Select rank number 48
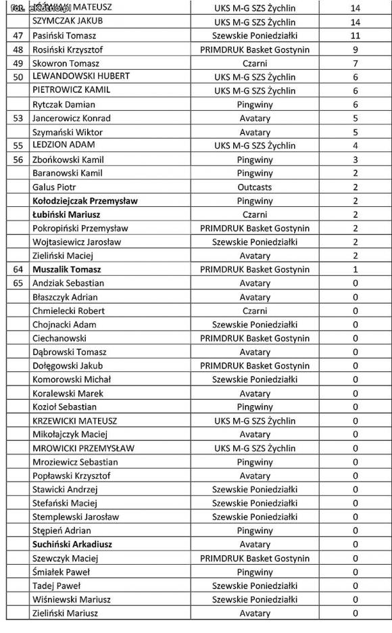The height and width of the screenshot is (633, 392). click(18, 49)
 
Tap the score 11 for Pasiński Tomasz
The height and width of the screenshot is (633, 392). click(356, 35)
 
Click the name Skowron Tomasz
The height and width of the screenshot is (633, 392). click(66, 63)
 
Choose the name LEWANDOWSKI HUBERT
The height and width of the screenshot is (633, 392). click(80, 76)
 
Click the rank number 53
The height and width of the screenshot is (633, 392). click(18, 118)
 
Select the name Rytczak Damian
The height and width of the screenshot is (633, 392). click(64, 105)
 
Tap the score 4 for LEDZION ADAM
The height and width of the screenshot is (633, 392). click(356, 145)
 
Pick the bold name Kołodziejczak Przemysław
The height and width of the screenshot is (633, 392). click(84, 201)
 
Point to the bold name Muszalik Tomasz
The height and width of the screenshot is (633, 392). click(66, 269)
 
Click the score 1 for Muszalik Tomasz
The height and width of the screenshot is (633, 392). click(356, 269)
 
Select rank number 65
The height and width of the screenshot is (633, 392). click(18, 283)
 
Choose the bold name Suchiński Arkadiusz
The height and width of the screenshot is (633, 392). click(72, 544)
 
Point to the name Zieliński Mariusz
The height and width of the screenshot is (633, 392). click(65, 613)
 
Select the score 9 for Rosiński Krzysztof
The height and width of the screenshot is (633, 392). click(356, 49)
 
